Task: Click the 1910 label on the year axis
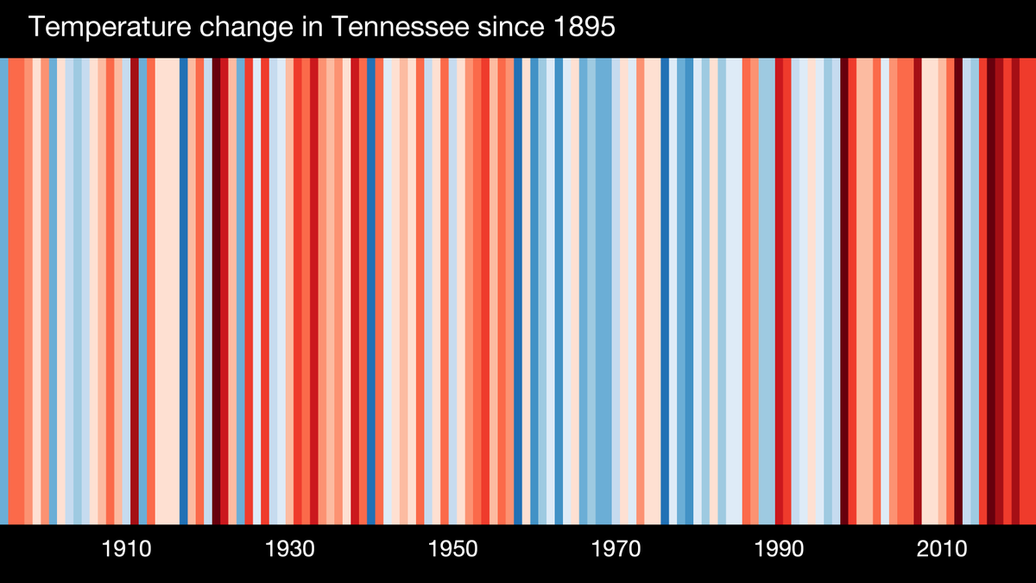126,549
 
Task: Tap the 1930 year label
289,549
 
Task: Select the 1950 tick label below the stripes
452,549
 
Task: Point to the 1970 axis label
616,549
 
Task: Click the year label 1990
779,549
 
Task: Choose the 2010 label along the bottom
942,549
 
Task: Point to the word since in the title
499,29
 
